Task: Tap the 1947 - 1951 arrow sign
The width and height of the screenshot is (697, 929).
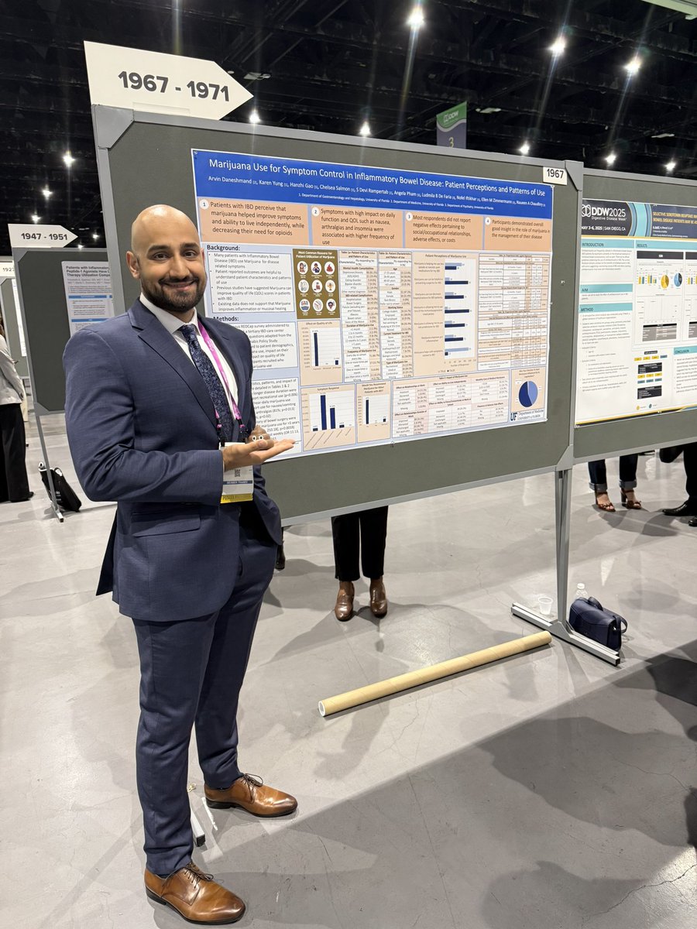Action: [43, 235]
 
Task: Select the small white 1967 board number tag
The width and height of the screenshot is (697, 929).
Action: [554, 175]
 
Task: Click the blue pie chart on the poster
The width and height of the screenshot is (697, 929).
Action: [528, 393]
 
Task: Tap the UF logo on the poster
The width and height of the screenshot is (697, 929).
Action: [516, 417]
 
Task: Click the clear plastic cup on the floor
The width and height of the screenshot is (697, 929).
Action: [545, 605]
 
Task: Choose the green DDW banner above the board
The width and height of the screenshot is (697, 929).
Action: [452, 124]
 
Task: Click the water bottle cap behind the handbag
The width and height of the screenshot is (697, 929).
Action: [580, 586]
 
